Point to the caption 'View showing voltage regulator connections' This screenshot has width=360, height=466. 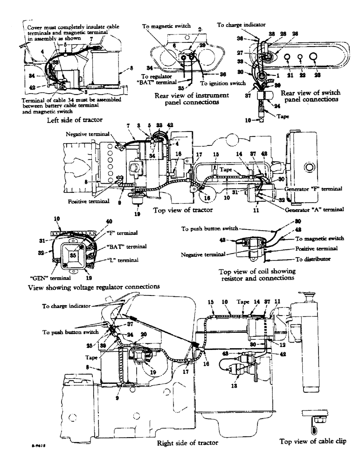92,287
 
